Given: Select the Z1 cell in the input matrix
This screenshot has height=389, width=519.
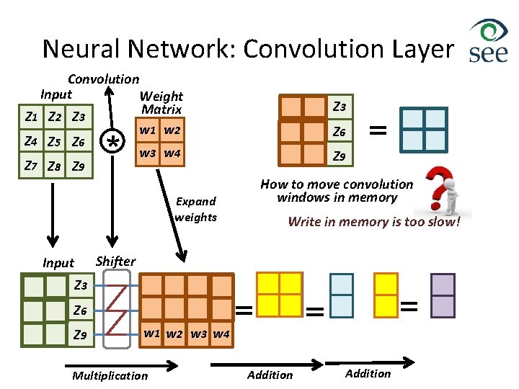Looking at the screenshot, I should pos(32,117).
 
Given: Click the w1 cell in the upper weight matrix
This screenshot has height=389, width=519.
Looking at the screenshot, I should pos(148,131).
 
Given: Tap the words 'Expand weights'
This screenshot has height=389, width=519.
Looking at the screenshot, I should pos(195,209).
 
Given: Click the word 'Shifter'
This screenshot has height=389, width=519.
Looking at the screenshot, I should pos(115,261).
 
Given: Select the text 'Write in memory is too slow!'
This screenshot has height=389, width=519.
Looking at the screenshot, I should pos(373,222).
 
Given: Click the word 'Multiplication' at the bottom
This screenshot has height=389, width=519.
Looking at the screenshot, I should pos(110,375).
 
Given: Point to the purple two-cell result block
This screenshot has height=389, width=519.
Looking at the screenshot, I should pos(443,295).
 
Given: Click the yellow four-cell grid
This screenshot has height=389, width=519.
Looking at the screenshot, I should pos(279,294).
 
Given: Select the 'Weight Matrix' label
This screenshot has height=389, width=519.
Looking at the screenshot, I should pos(161,103).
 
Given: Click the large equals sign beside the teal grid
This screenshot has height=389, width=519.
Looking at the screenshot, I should pos(377,130).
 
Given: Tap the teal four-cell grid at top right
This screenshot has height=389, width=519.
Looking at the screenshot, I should pos(424,129).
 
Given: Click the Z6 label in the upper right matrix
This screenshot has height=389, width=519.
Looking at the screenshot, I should pos(340,132).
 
